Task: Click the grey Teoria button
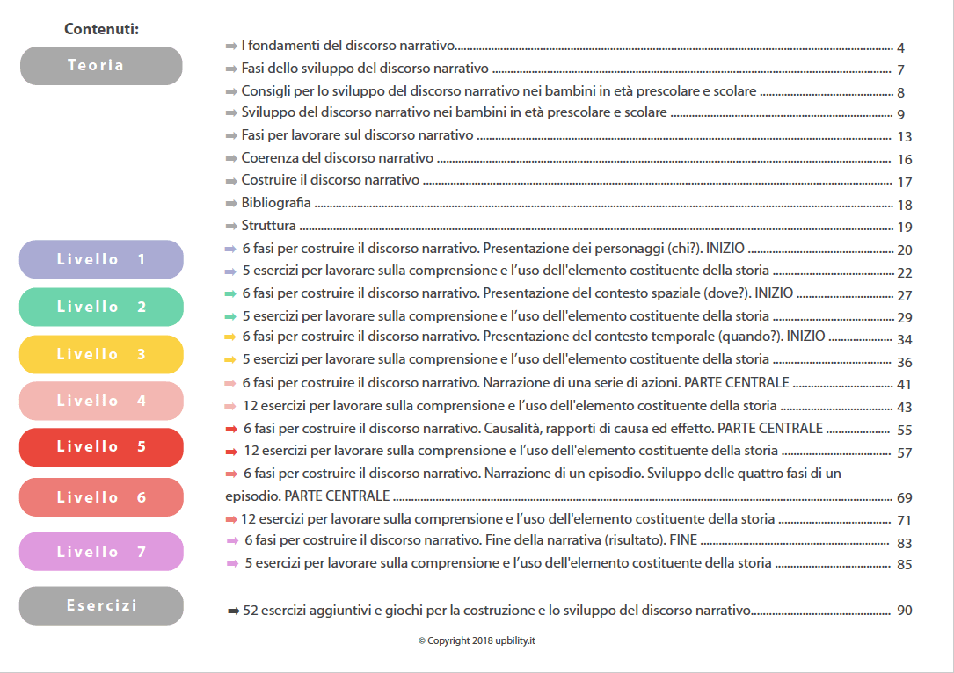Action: (101, 66)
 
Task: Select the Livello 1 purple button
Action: (101, 259)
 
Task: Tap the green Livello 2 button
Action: (101, 307)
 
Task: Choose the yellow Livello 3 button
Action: (101, 354)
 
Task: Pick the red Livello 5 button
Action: (101, 446)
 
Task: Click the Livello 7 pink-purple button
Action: (101, 552)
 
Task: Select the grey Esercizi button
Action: (101, 605)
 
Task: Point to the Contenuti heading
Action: (101, 29)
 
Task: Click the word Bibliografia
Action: (276, 203)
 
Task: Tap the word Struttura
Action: (268, 226)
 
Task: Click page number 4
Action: (901, 48)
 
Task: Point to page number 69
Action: (904, 498)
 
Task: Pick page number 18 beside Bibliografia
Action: (904, 205)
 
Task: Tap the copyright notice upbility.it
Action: (477, 640)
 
